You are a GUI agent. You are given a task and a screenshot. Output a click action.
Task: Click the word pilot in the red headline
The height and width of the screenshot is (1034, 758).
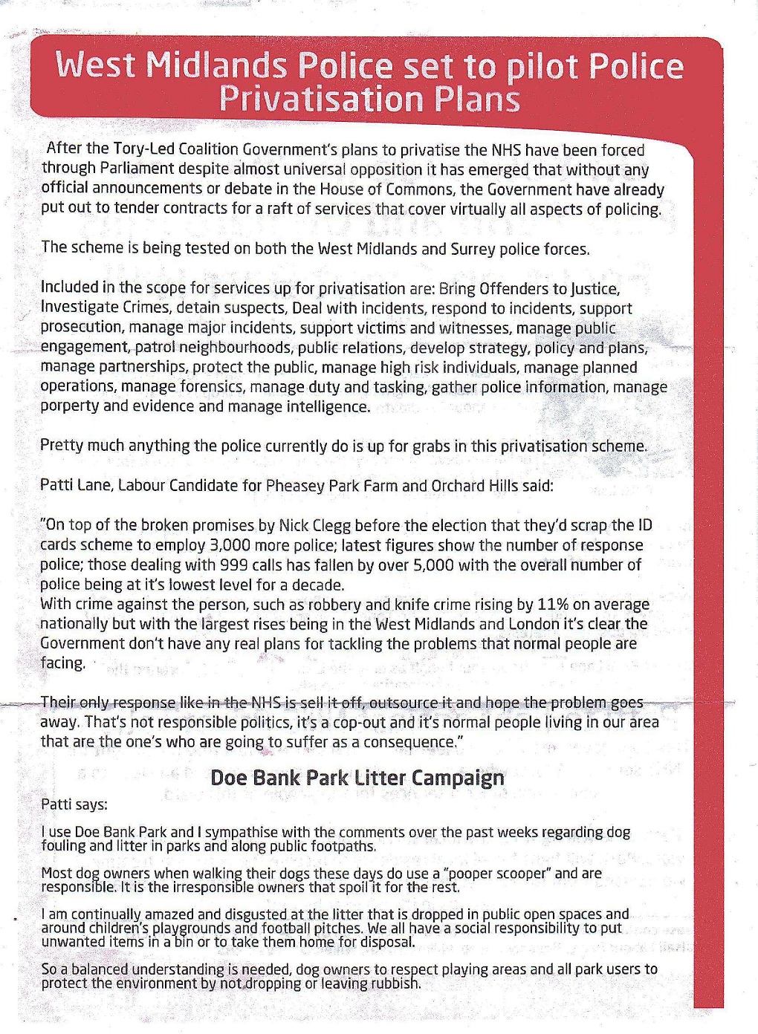point(541,68)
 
